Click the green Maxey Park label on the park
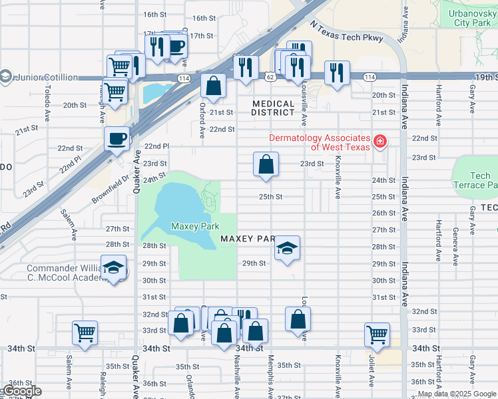tap(195, 227)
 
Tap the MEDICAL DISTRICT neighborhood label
tap(274, 108)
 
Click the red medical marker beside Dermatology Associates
tap(379, 141)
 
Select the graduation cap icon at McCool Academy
tap(114, 267)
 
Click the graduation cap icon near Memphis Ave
tap(287, 248)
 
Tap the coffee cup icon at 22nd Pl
tap(117, 138)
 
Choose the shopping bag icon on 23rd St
tap(266, 164)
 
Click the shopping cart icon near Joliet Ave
tap(377, 334)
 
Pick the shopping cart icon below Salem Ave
tap(85, 332)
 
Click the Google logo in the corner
tap(21, 391)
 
